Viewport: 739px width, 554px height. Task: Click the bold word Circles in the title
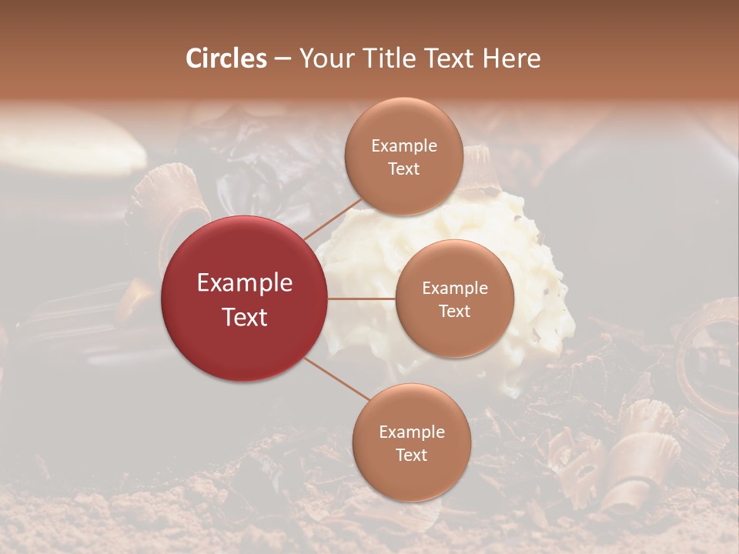226,58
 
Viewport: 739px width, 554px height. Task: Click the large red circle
245,299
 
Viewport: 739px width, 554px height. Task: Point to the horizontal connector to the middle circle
361,299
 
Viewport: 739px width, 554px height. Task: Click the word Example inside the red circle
245,283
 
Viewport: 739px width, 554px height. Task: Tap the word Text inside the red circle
245,317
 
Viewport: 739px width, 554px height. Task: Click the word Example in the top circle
404,146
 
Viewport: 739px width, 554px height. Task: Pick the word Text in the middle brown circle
454,312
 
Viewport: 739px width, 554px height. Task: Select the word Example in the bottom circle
412,432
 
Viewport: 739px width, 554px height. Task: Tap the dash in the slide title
282,59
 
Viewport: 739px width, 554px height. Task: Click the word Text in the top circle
404,169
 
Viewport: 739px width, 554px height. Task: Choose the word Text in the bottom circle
412,456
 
